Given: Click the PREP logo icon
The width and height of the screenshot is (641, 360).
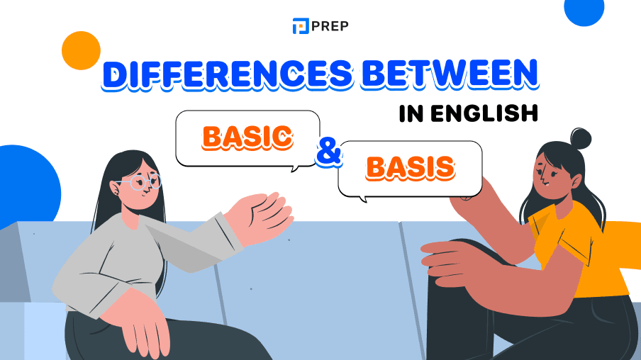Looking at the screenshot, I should pos(301,26).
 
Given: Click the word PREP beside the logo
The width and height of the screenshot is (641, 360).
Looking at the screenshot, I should pos(330,26).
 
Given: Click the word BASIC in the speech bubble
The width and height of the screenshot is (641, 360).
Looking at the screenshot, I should pos(247,138).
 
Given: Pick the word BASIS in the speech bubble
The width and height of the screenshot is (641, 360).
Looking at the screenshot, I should pos(410,167).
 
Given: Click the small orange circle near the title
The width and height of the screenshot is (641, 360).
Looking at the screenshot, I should pos(81,50).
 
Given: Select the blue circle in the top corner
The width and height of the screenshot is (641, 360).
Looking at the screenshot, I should pos(584,10).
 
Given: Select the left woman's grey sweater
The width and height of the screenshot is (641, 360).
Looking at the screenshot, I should pos(142,262).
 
